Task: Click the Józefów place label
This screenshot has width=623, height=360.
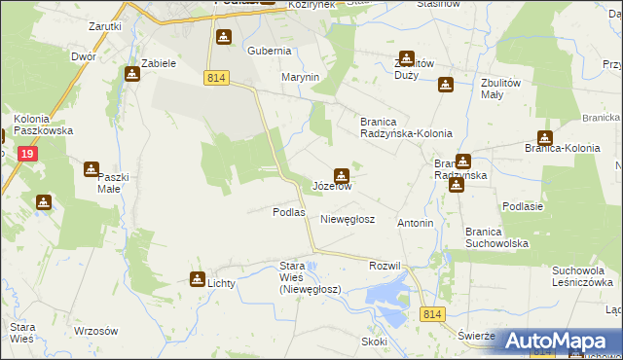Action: [x=332, y=185]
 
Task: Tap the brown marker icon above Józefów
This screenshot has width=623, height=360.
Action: [x=340, y=175]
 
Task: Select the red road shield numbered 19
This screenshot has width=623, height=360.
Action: [x=28, y=154]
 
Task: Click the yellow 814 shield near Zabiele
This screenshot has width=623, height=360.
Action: [x=217, y=77]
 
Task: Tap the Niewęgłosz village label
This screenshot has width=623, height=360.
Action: [x=348, y=220]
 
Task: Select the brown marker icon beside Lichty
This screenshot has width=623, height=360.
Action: [x=198, y=279]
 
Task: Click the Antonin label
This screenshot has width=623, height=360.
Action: [x=416, y=223]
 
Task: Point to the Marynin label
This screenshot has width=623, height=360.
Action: [x=301, y=77]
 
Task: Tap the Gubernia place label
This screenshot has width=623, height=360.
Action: [x=270, y=51]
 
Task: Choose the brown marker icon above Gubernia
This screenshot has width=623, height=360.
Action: [x=224, y=37]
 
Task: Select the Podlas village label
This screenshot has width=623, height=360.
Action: [x=288, y=212]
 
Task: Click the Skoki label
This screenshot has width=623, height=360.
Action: [x=374, y=342]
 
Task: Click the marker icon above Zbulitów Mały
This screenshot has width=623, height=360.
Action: [x=445, y=85]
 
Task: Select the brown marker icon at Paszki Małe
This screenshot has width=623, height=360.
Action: [x=91, y=169]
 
